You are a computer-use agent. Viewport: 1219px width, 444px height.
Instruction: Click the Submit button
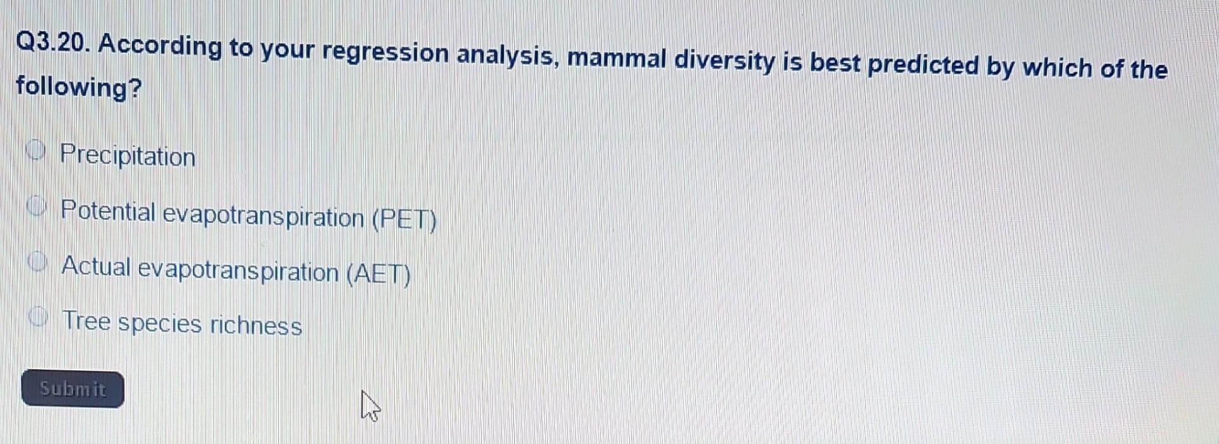pyautogui.click(x=72, y=389)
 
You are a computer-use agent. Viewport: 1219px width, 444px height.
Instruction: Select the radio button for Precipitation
pyautogui.click(x=37, y=151)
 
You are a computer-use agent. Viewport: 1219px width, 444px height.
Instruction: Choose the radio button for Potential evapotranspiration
pyautogui.click(x=37, y=206)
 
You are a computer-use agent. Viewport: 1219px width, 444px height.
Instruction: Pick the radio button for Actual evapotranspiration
pyautogui.click(x=38, y=262)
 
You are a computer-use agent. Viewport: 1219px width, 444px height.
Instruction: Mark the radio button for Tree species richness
pyautogui.click(x=39, y=316)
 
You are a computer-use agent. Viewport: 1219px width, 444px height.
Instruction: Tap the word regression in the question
pyautogui.click(x=385, y=53)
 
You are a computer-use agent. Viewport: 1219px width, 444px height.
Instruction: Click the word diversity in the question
pyautogui.click(x=724, y=62)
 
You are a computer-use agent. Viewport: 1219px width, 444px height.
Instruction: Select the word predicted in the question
pyautogui.click(x=923, y=65)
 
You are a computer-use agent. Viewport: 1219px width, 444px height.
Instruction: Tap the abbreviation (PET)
pyautogui.click(x=404, y=220)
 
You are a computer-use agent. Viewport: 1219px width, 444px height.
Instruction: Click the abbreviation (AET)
pyautogui.click(x=379, y=274)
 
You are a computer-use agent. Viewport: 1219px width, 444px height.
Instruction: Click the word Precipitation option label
pyautogui.click(x=128, y=156)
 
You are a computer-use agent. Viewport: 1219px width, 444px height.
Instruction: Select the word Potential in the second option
pyautogui.click(x=108, y=210)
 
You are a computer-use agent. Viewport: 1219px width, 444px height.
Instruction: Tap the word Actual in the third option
pyautogui.click(x=96, y=266)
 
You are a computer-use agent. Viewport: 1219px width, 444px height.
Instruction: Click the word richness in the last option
pyautogui.click(x=256, y=325)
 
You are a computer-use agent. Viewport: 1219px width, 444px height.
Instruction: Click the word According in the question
pyautogui.click(x=160, y=46)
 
